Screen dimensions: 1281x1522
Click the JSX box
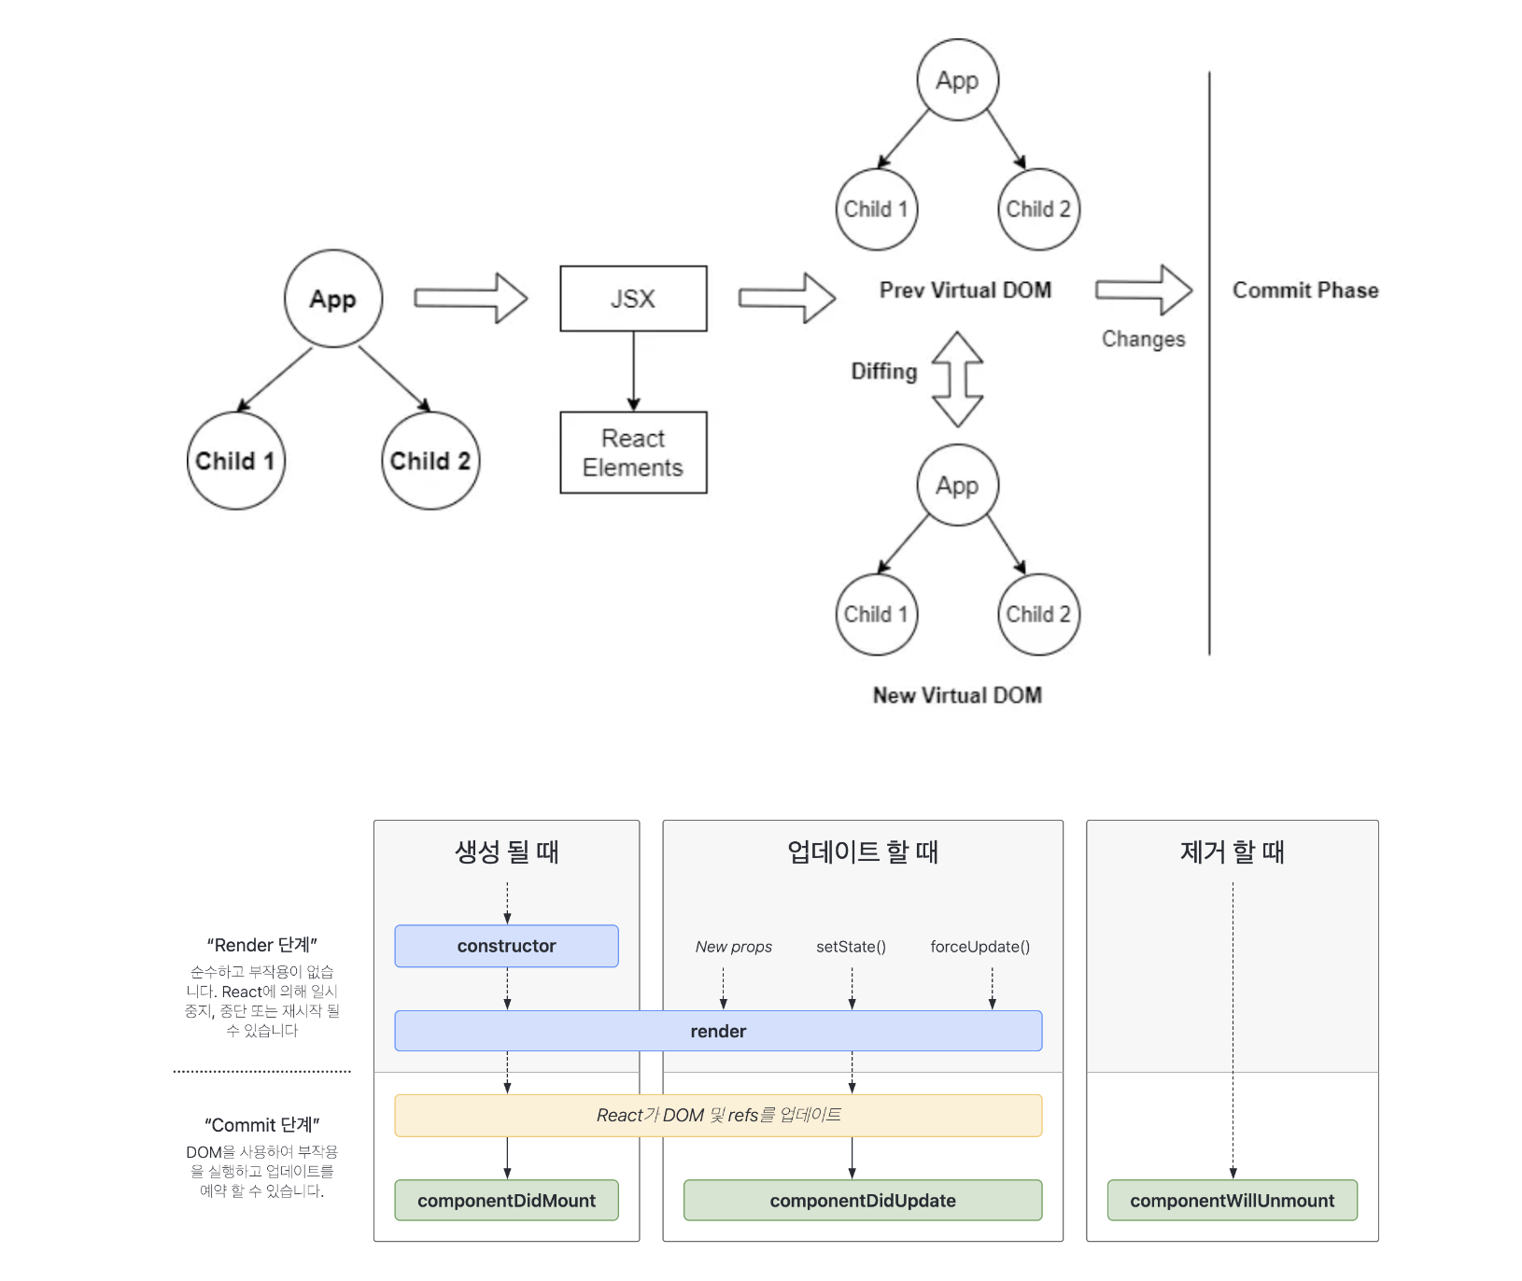633,299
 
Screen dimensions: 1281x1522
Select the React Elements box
633,453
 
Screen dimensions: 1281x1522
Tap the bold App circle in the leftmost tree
333,299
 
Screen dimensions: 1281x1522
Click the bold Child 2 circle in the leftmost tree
430,460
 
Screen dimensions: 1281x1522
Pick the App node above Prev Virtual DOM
957,80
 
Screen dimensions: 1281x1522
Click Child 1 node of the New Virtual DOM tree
876,613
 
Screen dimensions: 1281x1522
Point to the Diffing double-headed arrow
957,379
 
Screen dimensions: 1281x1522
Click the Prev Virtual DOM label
965,290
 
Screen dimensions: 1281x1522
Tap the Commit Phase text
1304,290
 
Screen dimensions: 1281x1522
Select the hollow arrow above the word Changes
1144,289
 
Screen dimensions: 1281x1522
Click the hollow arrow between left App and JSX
471,299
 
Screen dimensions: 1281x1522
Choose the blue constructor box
506,946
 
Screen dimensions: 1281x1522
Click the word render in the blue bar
718,1031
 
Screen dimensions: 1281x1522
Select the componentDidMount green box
506,1201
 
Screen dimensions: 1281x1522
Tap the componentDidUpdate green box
862,1201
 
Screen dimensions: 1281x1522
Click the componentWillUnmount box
1232,1201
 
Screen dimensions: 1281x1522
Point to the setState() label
851,947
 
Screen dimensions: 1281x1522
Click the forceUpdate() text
979,947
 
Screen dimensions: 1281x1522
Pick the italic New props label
733,947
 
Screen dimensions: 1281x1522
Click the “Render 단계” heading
262,945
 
